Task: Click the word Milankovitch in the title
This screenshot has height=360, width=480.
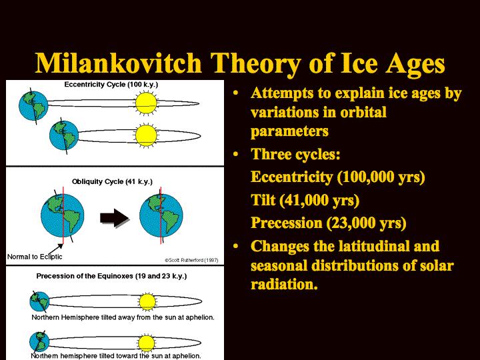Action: pos(119,63)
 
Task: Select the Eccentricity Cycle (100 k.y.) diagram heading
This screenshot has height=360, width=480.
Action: pos(111,85)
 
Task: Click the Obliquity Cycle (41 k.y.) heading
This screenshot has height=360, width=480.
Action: pos(112,181)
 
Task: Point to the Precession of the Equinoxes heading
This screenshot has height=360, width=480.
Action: pos(111,276)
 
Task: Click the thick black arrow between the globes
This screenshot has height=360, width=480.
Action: pos(114,217)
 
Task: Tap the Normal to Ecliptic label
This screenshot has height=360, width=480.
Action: pos(35,257)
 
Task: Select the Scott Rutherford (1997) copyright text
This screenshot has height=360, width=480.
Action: pos(191,260)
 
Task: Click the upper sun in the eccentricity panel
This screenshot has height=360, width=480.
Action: pos(146,103)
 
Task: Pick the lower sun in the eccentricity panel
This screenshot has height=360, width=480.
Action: pos(146,135)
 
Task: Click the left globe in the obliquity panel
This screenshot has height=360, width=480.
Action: pos(63,215)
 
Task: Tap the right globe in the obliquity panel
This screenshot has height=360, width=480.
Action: pos(161,215)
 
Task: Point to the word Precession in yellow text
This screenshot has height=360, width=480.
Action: pos(287,223)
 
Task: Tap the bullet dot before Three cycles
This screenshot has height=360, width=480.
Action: pos(235,154)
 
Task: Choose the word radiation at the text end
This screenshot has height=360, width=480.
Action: pos(284,285)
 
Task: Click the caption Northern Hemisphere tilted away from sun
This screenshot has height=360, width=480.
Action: pos(123,317)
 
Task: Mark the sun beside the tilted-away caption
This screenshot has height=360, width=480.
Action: pos(147,301)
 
